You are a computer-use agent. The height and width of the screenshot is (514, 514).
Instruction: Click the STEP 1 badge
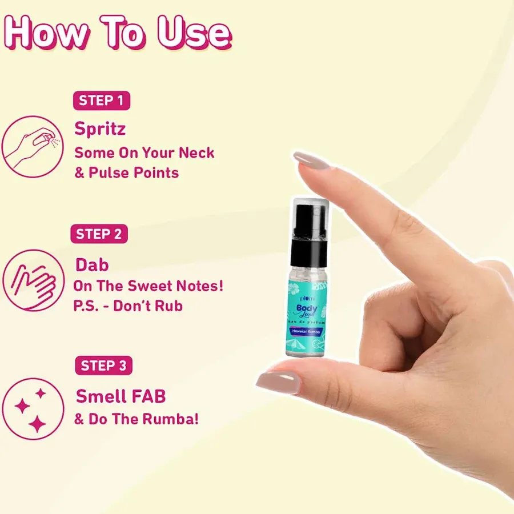point(102,101)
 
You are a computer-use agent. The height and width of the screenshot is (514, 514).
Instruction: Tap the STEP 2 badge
point(99,234)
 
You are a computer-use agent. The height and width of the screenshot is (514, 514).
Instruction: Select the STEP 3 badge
point(103,366)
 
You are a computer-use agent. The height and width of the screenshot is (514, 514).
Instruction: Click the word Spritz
point(100,129)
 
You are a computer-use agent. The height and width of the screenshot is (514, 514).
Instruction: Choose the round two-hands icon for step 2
point(32,280)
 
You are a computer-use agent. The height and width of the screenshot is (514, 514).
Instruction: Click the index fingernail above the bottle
point(312,160)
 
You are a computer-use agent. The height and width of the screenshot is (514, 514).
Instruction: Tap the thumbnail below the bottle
point(279,382)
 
